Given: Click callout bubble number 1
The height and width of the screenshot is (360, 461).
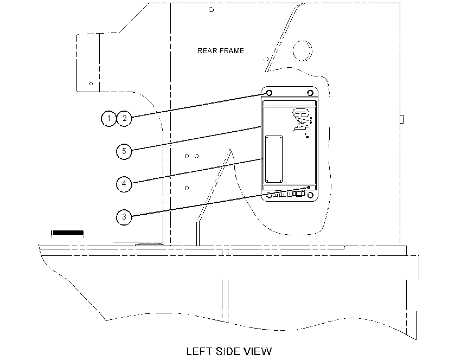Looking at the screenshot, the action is (109, 118).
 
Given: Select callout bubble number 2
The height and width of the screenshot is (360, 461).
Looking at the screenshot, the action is (124, 118).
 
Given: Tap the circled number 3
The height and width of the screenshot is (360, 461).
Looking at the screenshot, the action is (124, 217).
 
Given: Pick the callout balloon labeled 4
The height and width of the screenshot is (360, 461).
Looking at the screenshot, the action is (124, 184).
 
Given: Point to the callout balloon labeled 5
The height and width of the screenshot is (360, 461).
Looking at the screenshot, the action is (124, 151).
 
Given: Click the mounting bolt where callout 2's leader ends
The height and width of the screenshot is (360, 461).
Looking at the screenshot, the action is (269, 93).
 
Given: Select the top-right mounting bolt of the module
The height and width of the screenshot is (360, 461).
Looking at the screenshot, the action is (310, 93).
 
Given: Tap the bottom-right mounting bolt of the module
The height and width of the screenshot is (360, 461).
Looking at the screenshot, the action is (310, 195).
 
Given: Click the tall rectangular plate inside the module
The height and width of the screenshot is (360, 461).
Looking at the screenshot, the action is (274, 159).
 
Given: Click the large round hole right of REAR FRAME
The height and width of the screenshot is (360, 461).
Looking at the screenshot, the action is (303, 51).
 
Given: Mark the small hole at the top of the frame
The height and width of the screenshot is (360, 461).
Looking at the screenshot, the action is (211, 10).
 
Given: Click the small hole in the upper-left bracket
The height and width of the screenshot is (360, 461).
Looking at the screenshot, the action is (91, 83).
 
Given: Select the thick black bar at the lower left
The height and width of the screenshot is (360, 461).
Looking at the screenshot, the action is (68, 233).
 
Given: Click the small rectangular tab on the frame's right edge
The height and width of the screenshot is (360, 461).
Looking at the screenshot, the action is (402, 119).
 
